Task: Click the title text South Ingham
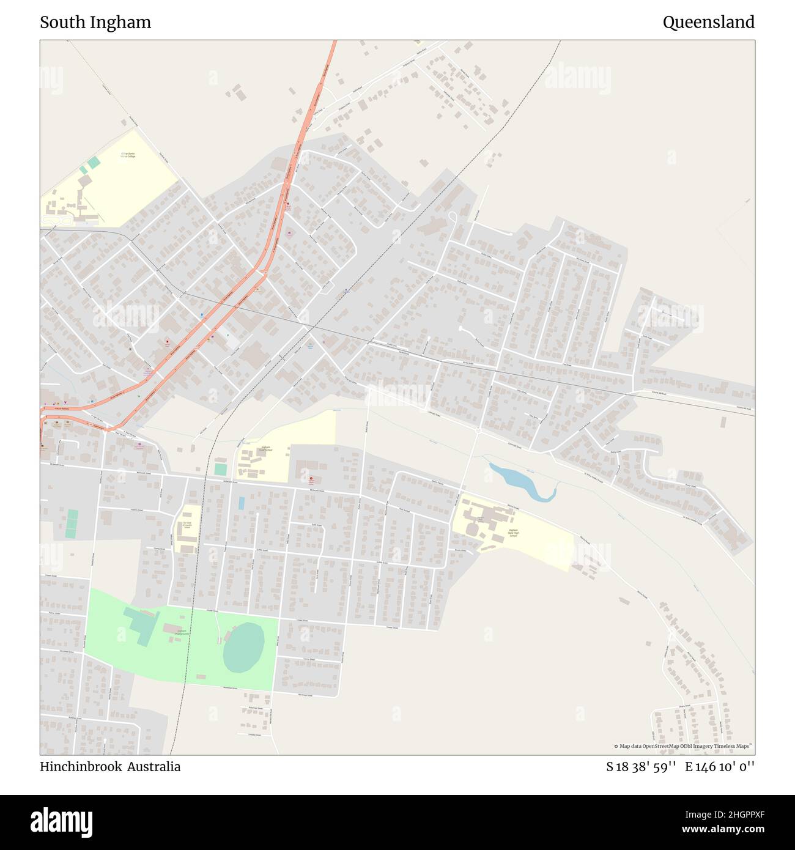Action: (95, 23)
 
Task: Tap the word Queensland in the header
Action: (708, 23)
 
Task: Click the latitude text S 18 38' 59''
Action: (641, 767)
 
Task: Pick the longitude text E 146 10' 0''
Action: (720, 767)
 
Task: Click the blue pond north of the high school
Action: (520, 482)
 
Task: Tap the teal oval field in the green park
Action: (243, 647)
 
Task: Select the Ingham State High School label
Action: (513, 533)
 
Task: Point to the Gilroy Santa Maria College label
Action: (128, 155)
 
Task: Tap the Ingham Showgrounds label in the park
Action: (181, 633)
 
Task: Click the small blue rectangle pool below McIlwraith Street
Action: (242, 503)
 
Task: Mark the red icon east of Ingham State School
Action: (311, 479)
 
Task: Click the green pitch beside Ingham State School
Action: (220, 469)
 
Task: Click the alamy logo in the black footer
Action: (61, 821)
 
